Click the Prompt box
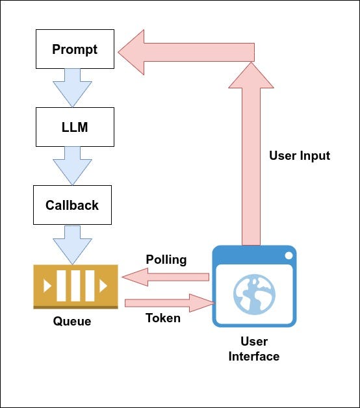(75, 49)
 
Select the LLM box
(75, 127)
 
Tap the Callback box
(72, 205)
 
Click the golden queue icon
(76, 287)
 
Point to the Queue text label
(72, 322)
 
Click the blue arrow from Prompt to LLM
(72, 88)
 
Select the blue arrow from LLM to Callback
(72, 166)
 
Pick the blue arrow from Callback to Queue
(72, 245)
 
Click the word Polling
(166, 260)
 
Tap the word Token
(163, 318)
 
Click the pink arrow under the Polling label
(166, 277)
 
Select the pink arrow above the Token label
(170, 303)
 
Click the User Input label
(300, 156)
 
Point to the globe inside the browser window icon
(254, 294)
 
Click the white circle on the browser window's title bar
(289, 255)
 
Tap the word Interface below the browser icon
(254, 357)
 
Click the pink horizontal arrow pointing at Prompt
(186, 53)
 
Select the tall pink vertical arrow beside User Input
(251, 153)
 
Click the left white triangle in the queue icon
(47, 286)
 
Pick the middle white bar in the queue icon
(75, 286)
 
